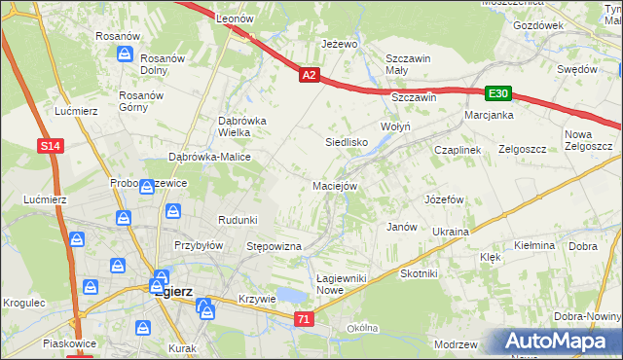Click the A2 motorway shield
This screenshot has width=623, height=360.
[x=309, y=74]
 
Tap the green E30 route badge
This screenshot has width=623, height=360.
[x=497, y=93]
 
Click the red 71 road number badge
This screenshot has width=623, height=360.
[x=305, y=319]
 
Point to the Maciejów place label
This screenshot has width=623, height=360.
[x=336, y=185]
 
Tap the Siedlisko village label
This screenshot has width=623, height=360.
[x=345, y=142]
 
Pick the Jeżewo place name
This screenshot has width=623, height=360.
[x=340, y=45]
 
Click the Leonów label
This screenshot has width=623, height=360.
[x=235, y=18]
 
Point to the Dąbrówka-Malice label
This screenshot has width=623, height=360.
[x=210, y=157]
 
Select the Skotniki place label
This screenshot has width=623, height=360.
[x=419, y=274]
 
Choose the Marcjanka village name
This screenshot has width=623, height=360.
[x=489, y=115]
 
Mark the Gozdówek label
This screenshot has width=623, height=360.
[x=538, y=24]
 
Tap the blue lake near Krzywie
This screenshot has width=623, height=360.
[x=291, y=295]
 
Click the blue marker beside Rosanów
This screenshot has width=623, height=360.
[x=125, y=54]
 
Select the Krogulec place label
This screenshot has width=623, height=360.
[x=24, y=303]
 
